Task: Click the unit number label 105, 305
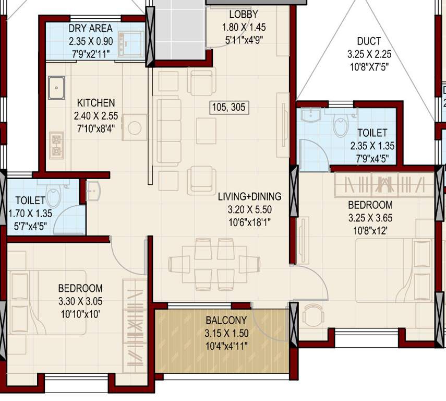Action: point(228,108)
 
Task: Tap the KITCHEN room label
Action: point(96,103)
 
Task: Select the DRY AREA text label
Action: point(90,29)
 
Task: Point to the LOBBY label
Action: point(243,15)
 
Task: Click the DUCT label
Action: point(369,41)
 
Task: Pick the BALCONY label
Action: point(223,320)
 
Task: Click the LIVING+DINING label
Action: point(249,197)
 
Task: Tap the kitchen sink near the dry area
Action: point(56,87)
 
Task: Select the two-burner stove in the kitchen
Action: point(56,145)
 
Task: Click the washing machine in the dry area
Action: point(130,44)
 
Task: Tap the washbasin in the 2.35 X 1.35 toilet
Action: point(312,114)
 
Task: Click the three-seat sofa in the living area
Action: point(168,130)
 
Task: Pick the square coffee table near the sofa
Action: point(206,131)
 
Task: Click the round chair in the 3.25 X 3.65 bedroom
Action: point(313,314)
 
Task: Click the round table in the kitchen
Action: point(135,127)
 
